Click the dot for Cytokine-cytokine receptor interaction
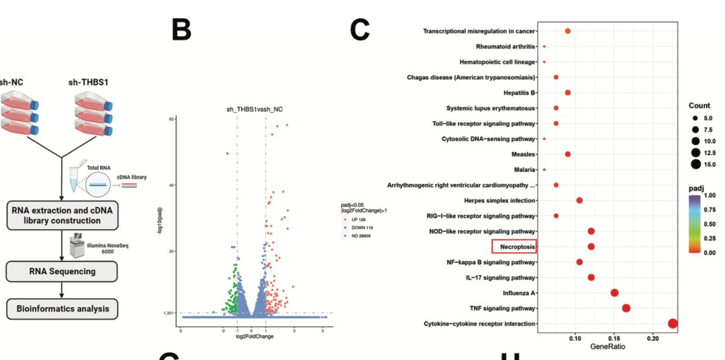[673, 324]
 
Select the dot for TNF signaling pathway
[626, 308]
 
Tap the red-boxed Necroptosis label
[514, 246]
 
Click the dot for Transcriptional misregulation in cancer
[567, 31]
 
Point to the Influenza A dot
[614, 293]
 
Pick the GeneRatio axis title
[608, 347]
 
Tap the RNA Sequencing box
[61, 271]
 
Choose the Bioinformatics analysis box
[61, 310]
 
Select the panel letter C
[360, 30]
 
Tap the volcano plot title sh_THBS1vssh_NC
[254, 109]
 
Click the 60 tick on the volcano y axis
[172, 119]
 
